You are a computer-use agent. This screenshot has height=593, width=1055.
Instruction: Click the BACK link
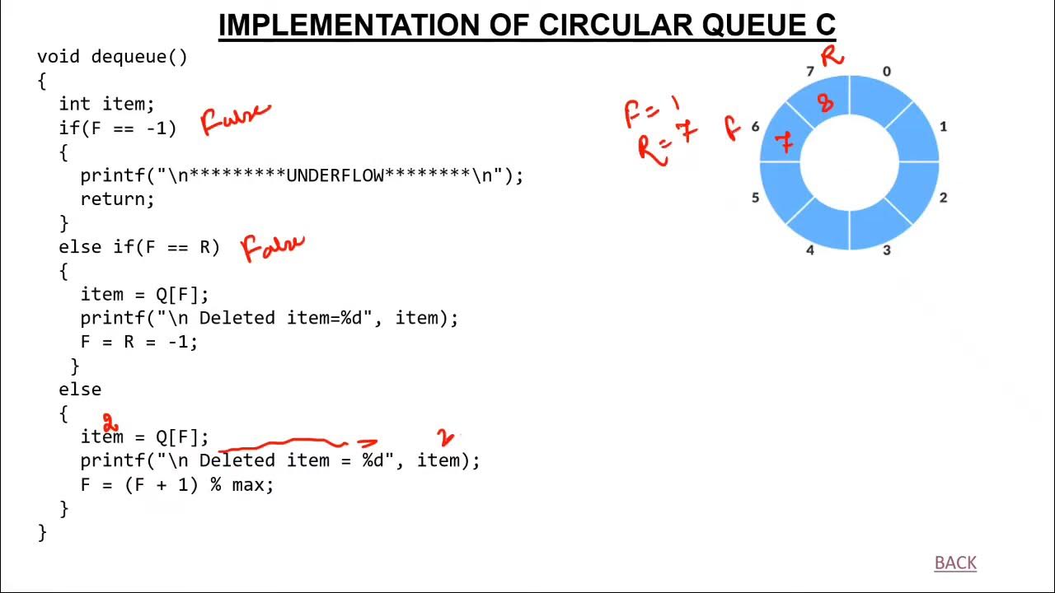[955, 563]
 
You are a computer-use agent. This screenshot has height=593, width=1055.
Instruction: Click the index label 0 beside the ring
[887, 72]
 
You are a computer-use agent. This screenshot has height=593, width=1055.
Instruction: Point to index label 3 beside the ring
[887, 250]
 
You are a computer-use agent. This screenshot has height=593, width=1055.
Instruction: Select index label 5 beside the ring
[755, 198]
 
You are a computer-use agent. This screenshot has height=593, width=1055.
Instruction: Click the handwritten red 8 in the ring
[825, 103]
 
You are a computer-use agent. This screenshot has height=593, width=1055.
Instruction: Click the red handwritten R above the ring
[832, 56]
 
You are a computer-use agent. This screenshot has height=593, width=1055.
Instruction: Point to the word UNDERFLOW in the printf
[335, 175]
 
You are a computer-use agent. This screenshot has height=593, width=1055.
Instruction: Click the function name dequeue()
[139, 57]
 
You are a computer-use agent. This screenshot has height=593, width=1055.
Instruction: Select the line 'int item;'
[106, 105]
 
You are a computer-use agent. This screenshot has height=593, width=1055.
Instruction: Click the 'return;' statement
[117, 199]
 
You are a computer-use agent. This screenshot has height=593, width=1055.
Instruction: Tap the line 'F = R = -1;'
[138, 342]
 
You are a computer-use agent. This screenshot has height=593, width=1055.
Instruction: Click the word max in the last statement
[248, 485]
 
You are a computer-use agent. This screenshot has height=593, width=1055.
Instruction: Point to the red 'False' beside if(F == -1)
[235, 120]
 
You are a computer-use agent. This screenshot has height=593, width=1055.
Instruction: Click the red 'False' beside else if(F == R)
[273, 246]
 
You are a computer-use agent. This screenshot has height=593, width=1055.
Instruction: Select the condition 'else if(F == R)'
[139, 247]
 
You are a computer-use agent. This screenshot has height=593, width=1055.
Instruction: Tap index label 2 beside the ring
[944, 198]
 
